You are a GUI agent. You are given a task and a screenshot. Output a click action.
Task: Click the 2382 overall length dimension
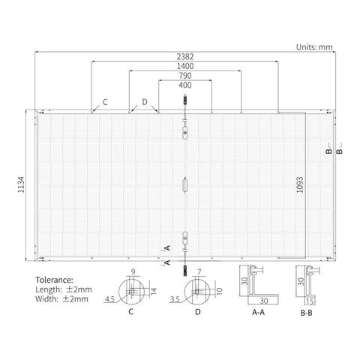tap(185, 56)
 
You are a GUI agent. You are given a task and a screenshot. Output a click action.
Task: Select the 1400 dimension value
tap(185, 66)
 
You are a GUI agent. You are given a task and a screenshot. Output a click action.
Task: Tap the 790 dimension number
tap(185, 76)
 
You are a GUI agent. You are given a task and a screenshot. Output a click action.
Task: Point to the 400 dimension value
tap(185, 85)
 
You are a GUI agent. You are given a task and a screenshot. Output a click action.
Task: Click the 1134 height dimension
tap(21, 184)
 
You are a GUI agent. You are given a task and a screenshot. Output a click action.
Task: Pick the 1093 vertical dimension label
tap(300, 184)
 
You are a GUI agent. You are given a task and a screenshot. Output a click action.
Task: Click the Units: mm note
tap(314, 47)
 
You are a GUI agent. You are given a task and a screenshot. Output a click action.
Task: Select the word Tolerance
tap(54, 280)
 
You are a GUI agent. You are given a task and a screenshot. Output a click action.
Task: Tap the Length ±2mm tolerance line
tap(64, 289)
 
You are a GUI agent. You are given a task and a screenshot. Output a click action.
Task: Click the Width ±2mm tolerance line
tap(61, 298)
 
